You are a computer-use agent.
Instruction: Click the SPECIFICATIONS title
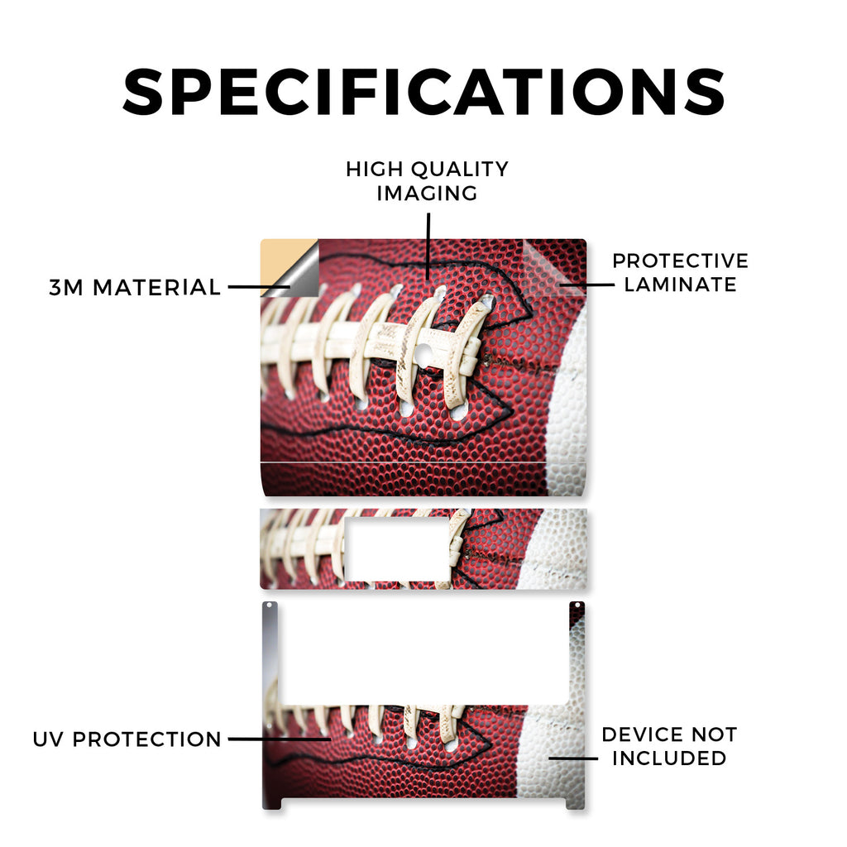pyautogui.click(x=423, y=92)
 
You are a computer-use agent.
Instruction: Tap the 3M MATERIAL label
pyautogui.click(x=135, y=287)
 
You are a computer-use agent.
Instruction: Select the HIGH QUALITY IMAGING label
pyautogui.click(x=427, y=181)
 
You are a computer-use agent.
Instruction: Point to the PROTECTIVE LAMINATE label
pyautogui.click(x=680, y=272)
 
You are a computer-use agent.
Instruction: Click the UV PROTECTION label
pyautogui.click(x=127, y=739)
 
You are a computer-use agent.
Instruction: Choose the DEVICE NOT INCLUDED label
pyautogui.click(x=669, y=746)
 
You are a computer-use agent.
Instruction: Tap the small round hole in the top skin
pyautogui.click(x=424, y=353)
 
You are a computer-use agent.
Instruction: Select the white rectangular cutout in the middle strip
pyautogui.click(x=397, y=549)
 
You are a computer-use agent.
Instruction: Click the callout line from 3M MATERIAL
pyautogui.click(x=259, y=287)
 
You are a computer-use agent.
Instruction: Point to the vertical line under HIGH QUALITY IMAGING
pyautogui.click(x=428, y=246)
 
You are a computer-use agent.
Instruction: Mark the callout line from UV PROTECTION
pyautogui.click(x=280, y=739)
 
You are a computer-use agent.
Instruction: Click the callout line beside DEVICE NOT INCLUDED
pyautogui.click(x=573, y=758)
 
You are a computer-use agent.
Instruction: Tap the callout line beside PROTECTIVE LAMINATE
pyautogui.click(x=587, y=285)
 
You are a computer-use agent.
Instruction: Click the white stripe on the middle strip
pyautogui.click(x=553, y=548)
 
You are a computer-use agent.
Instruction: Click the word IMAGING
pyautogui.click(x=427, y=193)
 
